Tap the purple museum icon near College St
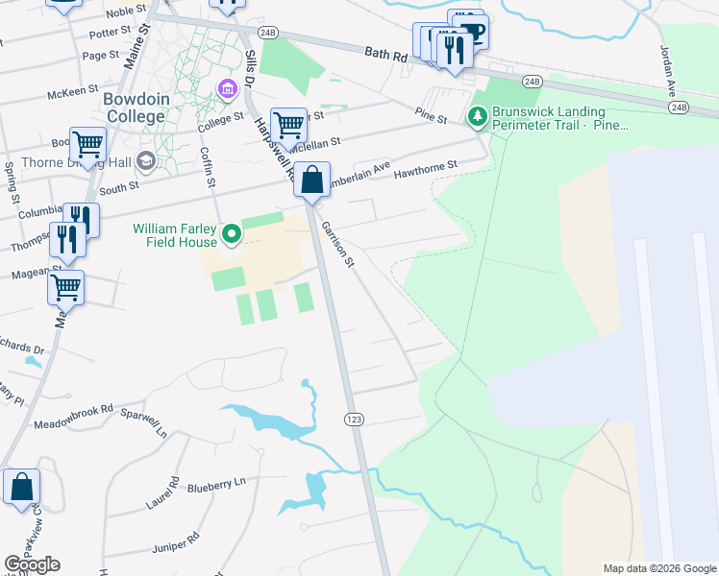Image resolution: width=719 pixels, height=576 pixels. click(x=228, y=91)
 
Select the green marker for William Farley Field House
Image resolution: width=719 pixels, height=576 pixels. click(x=231, y=233)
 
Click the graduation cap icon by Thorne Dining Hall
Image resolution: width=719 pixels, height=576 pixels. click(x=146, y=160)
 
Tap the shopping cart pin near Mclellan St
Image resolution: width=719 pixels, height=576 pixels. click(x=287, y=124)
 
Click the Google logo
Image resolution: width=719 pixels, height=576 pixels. click(x=33, y=564)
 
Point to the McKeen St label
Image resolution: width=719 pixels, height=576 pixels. click(x=74, y=95)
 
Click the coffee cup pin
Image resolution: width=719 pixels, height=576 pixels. click(x=473, y=30)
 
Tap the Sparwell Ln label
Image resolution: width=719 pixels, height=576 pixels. click(x=143, y=423)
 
